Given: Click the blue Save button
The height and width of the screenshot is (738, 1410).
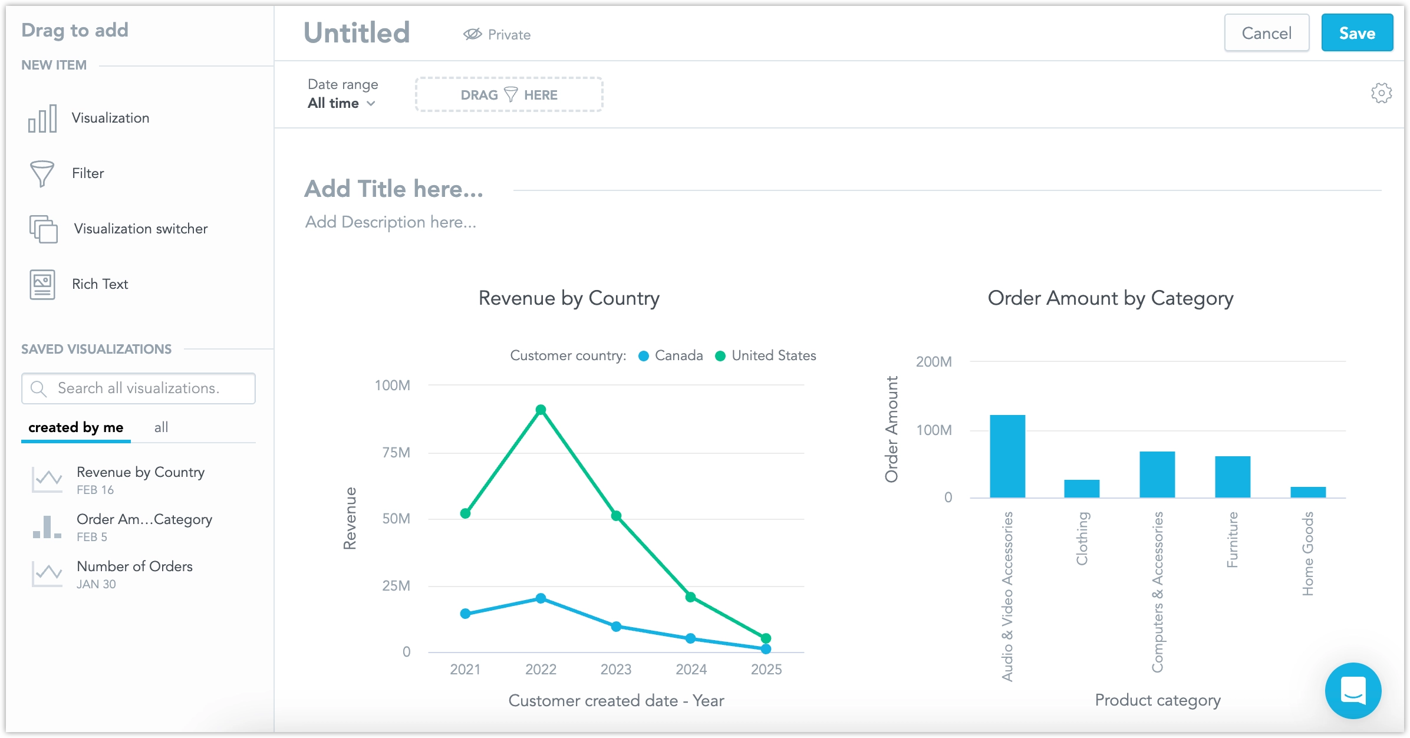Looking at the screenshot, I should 1356,33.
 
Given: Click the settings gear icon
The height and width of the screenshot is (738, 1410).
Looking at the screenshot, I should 1381,93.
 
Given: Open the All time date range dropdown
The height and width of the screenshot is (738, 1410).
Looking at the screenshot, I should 341,103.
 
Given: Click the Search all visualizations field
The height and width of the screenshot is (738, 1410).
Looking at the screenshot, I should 139,388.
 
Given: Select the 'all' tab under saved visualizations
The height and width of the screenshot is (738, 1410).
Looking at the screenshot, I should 161,427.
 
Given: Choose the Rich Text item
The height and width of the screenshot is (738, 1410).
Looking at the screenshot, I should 100,284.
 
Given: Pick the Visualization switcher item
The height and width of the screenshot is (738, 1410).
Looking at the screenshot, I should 140,229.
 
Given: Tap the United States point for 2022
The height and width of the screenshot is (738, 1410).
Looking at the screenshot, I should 541,410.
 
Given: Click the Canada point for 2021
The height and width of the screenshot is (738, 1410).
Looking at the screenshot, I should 465,614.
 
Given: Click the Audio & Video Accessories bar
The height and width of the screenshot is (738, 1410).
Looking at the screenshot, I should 1007,456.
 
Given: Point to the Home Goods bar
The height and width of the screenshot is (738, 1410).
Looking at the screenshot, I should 1308,492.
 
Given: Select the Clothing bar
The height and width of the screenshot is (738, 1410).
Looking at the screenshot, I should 1082,489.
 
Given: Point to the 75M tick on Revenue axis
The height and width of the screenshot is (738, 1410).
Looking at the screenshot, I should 396,453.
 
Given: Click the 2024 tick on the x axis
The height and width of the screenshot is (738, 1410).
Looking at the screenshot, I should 691,670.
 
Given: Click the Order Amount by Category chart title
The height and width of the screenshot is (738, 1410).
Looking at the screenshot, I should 1111,298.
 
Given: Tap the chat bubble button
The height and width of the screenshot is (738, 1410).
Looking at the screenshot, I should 1353,690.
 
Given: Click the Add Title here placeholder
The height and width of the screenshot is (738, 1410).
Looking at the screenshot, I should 394,189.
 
